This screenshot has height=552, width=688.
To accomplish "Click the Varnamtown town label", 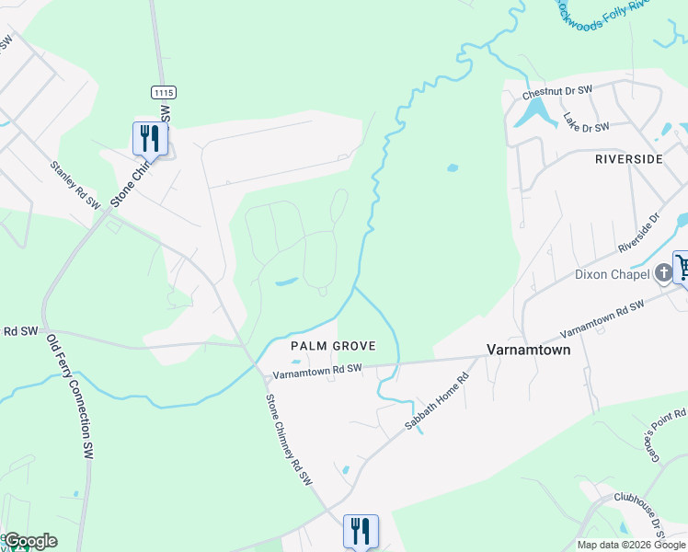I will click(528, 350).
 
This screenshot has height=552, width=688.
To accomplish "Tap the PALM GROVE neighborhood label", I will click(333, 346).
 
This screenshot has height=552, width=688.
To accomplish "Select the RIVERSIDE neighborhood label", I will click(629, 159).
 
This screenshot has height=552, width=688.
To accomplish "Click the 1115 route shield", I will click(164, 93).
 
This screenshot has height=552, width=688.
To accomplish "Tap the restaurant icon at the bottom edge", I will click(361, 531).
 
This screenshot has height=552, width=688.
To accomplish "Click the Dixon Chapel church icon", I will click(664, 273).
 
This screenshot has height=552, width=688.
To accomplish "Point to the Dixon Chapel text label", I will click(613, 274).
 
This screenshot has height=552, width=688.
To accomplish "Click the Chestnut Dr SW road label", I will click(558, 94).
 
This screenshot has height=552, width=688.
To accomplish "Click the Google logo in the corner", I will click(29, 541).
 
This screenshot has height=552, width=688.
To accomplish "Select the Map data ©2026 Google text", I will click(631, 545).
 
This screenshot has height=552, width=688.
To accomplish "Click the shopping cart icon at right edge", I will click(682, 268).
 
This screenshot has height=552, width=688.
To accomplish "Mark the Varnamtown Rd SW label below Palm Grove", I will click(318, 370).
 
